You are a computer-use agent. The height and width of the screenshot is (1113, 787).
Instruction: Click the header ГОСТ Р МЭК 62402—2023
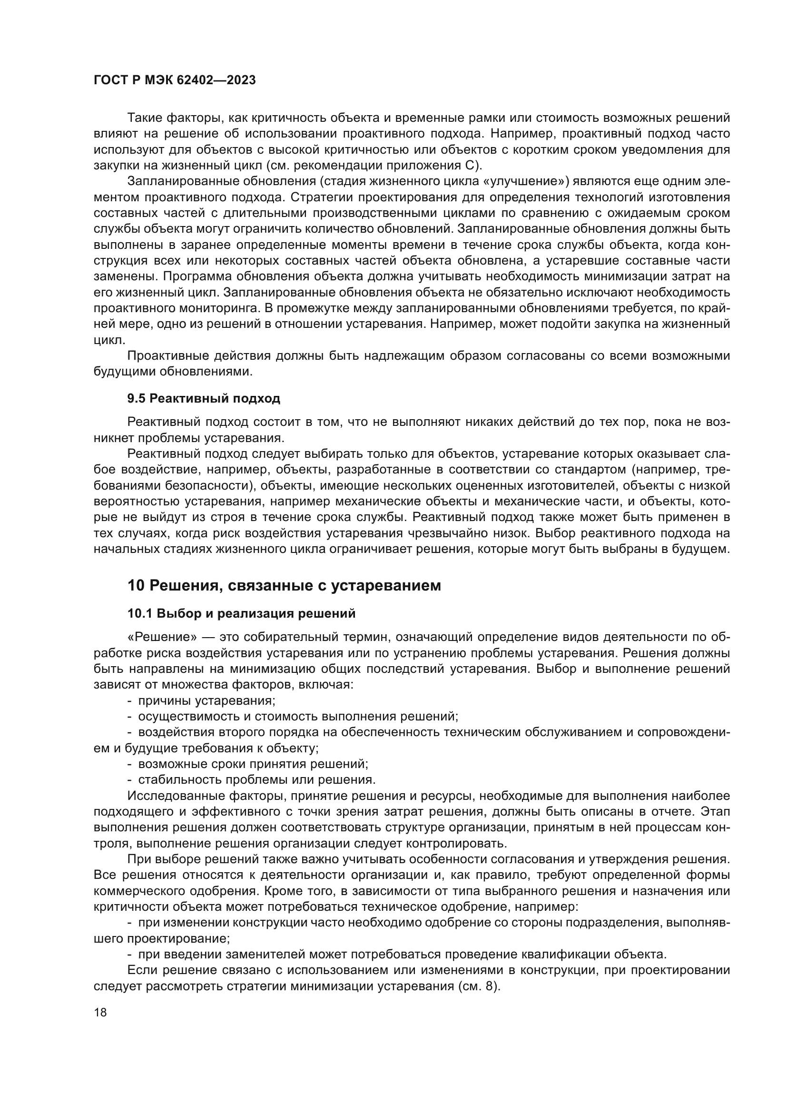(x=175, y=80)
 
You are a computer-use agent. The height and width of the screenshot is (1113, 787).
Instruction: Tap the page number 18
(x=100, y=1012)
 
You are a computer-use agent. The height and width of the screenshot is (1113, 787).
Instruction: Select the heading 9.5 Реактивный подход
(x=204, y=398)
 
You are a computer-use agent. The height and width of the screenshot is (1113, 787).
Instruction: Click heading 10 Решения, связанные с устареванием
(x=284, y=586)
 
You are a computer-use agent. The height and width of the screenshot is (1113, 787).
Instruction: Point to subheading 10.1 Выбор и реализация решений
(x=241, y=614)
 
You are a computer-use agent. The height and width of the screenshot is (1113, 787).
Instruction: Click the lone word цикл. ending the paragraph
(x=105, y=340)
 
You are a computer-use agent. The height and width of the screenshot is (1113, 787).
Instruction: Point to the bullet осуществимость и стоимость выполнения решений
(x=298, y=717)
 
